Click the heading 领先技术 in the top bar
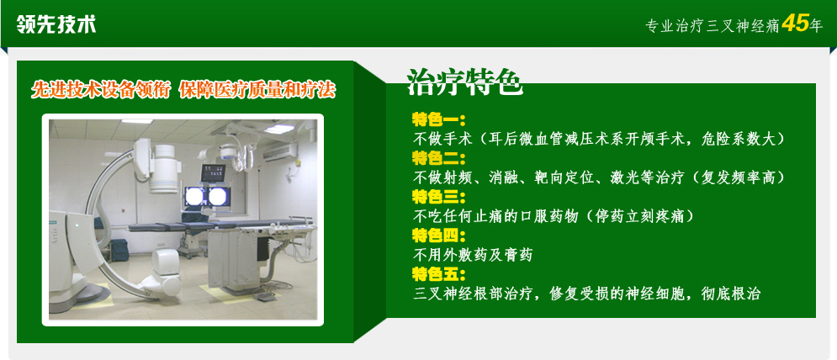click(56, 24)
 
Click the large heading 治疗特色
click(464, 82)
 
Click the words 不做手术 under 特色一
click(442, 139)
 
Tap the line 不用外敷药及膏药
click(473, 255)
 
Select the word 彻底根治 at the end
click(730, 294)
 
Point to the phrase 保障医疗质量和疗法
click(257, 90)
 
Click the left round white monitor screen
click(195, 196)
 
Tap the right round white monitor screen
click(217, 196)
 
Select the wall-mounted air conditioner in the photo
click(281, 152)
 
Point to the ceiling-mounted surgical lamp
click(230, 151)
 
